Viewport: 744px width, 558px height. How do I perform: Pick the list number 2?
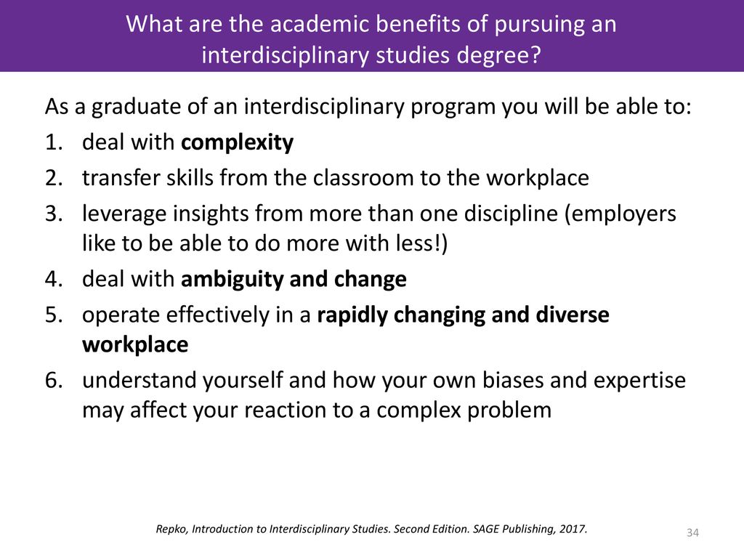[54, 178]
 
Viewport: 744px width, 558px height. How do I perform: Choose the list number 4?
[54, 279]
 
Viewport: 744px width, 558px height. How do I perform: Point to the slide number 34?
[692, 533]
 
